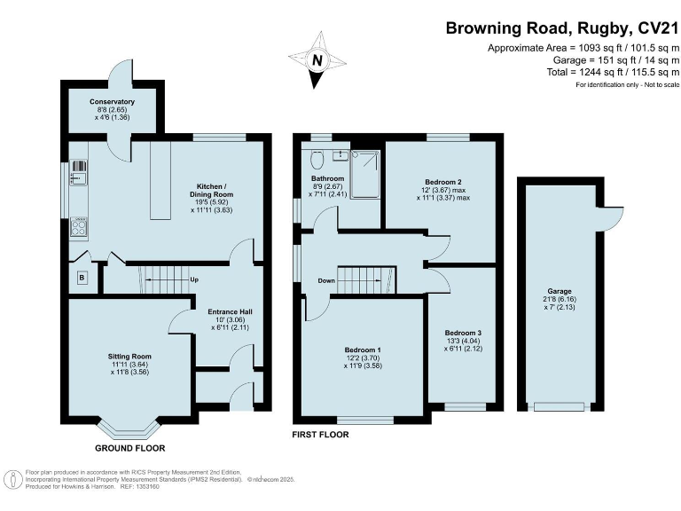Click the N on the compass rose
tap(317, 60)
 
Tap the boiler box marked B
tap(82, 278)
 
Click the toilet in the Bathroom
tap(318, 160)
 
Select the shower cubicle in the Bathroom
tap(365, 174)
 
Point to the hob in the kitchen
tap(79, 227)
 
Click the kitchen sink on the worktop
tap(79, 177)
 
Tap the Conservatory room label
tap(112, 102)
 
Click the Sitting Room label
tap(129, 357)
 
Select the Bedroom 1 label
tap(363, 350)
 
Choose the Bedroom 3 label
tap(463, 333)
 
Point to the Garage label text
tap(560, 291)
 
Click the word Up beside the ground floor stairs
tap(194, 279)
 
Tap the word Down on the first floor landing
tap(326, 280)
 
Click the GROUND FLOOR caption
tap(129, 448)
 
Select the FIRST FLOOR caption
tap(320, 435)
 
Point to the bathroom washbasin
tap(340, 155)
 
